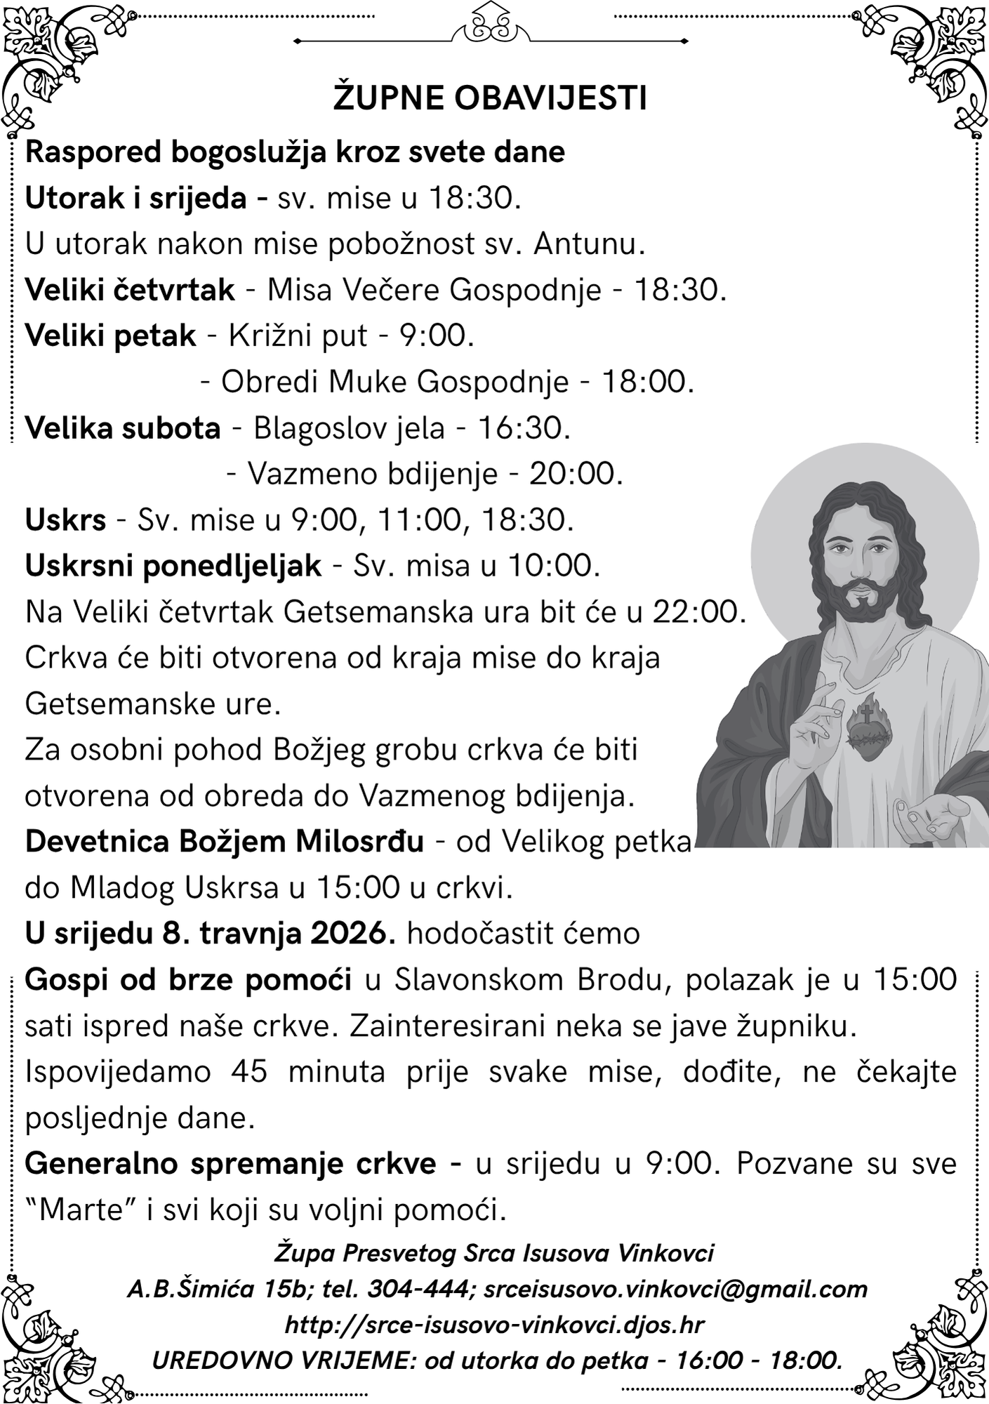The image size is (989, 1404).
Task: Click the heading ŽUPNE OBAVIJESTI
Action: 489,98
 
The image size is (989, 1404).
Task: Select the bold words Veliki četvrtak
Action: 130,290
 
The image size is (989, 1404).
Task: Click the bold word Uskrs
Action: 65,521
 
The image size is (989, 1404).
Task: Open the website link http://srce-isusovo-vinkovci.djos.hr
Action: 494,1325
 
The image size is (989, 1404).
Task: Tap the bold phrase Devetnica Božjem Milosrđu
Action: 224,842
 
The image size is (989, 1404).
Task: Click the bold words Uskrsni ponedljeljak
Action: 173,566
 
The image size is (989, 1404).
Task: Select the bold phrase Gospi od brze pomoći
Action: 188,980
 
